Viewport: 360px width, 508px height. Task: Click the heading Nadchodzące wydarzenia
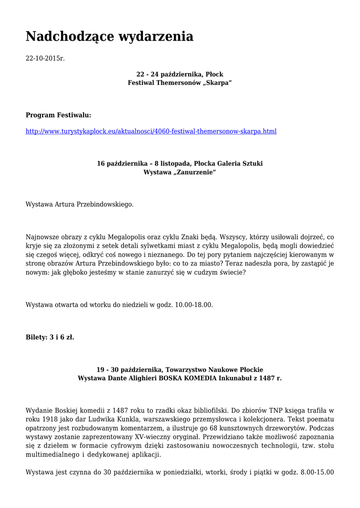tap(109, 36)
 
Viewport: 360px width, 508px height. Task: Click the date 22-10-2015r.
tap(45, 59)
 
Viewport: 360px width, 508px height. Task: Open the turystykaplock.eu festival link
tap(151, 131)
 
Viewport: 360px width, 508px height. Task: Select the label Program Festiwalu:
tap(59, 115)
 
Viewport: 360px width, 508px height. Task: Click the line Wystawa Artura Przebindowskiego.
tap(79, 204)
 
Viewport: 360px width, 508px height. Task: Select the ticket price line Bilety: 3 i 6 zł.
tap(50, 337)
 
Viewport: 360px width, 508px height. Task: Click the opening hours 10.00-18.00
tap(194, 305)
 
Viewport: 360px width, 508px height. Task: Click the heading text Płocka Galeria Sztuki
tap(228, 163)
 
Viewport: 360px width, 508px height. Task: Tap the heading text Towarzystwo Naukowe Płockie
tap(215, 370)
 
